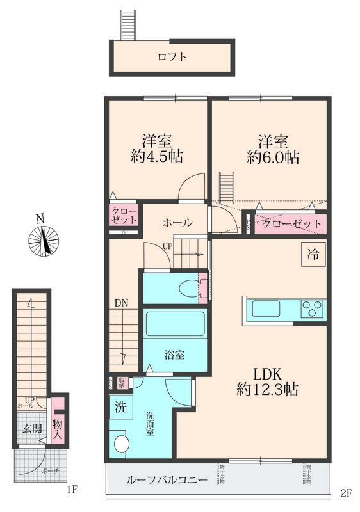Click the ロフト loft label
[x=172, y=57]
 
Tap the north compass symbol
[x=44, y=240]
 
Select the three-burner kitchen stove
[x=313, y=308]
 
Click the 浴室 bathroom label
[x=175, y=354]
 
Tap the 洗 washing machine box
[x=120, y=406]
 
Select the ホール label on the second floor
[x=177, y=223]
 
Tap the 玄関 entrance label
[x=28, y=429]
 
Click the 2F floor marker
[x=347, y=493]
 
